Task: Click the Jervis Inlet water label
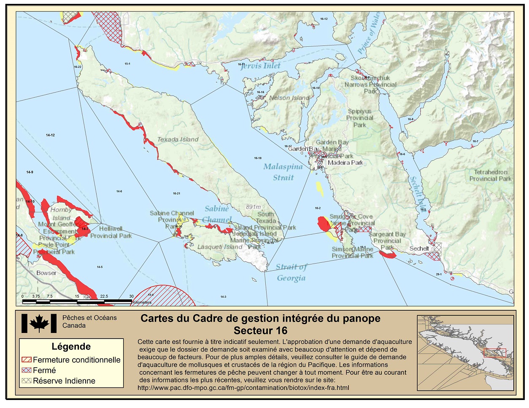pos(261,66)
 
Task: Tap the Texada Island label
pos(178,139)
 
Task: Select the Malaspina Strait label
pos(283,172)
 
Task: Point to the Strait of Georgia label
pos(291,272)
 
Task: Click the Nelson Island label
pos(289,98)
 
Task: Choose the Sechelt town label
pos(419,248)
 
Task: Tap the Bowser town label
pos(46,273)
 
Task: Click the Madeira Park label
pos(345,163)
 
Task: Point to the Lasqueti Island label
pos(220,247)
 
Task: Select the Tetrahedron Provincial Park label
pos(490,175)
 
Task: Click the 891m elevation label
pos(254,207)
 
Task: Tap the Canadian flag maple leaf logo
pos(39,323)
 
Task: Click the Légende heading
pos(71,347)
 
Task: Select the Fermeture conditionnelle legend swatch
pos(27,360)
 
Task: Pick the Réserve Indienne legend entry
pos(64,381)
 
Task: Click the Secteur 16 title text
pos(260,330)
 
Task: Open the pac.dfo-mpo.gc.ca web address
pos(243,387)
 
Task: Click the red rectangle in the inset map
pos(494,353)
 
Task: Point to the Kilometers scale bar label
pos(142,302)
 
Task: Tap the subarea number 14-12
pos(50,135)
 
